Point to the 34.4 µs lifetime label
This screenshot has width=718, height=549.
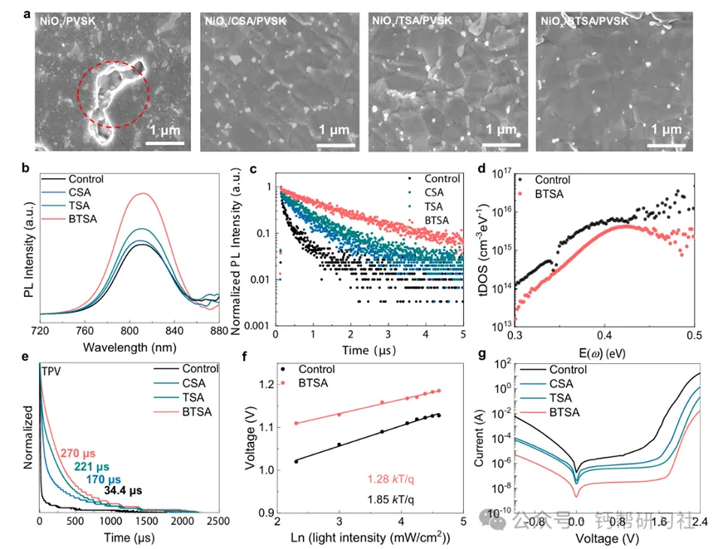point(123,490)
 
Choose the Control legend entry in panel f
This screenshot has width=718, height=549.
point(315,370)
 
